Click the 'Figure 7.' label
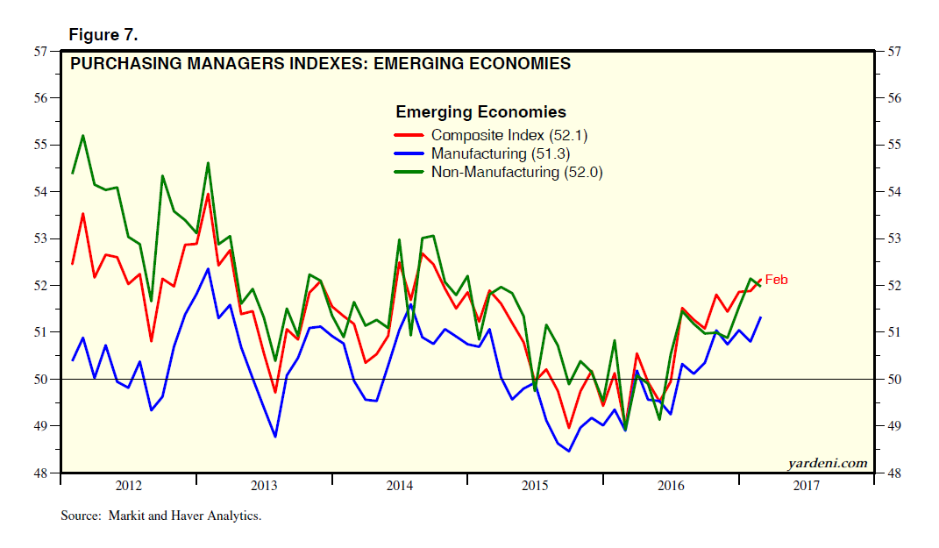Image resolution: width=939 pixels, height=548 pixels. pos(103,35)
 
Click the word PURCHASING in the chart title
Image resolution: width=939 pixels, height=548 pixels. pos(121,64)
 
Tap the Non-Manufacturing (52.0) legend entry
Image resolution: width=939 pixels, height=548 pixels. pos(516,172)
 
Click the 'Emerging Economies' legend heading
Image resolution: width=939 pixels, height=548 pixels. pos(480,112)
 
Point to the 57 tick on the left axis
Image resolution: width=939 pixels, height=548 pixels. pos(40,51)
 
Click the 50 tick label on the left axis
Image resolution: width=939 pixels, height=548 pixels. pos(40,380)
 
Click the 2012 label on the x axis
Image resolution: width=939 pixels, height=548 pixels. pos(128,486)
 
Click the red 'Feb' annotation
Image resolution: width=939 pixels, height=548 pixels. pos(777,280)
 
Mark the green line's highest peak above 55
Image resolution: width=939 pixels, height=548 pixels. pos(83,136)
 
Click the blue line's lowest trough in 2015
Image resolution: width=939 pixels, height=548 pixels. pos(569,451)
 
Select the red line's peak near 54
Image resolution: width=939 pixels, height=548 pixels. pos(208,194)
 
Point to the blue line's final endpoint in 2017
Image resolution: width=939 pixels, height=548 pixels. pos(760,317)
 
